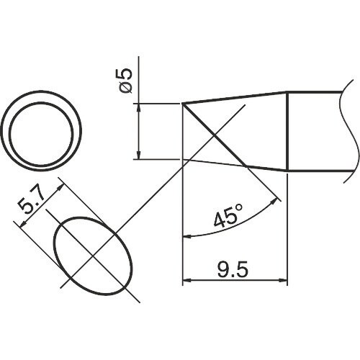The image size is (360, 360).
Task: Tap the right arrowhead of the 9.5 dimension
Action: point(282,279)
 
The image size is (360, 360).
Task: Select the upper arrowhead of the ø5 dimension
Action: point(138,107)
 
